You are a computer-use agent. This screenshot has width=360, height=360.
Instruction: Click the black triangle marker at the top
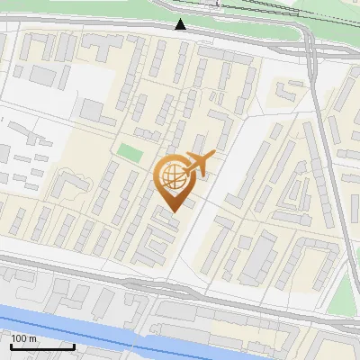click(181, 24)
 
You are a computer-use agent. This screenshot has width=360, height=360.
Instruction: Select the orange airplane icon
click(200, 163)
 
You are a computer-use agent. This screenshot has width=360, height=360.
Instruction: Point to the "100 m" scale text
click(24, 337)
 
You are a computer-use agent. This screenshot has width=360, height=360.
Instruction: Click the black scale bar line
click(42, 346)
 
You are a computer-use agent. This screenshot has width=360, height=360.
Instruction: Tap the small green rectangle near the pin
click(130, 152)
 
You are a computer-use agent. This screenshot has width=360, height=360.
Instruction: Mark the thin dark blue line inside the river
click(180, 343)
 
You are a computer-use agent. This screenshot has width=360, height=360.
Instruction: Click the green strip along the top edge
click(108, 11)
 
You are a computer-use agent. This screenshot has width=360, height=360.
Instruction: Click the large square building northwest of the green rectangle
click(94, 111)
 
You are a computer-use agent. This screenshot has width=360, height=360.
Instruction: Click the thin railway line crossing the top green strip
click(270, 13)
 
